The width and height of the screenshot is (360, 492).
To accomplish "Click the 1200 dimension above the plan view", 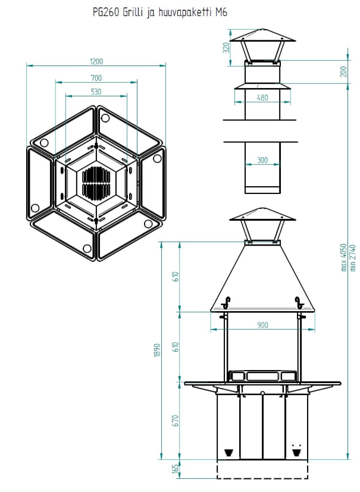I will (96, 61).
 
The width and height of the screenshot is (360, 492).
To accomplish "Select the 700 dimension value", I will (96, 78).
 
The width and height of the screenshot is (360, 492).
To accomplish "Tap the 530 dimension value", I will (96, 92).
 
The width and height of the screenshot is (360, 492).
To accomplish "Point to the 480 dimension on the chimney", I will (262, 98).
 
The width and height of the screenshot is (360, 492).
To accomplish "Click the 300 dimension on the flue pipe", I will (262, 161).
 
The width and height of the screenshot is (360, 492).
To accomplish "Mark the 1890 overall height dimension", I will (155, 350).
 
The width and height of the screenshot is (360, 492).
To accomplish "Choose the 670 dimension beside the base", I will (174, 421).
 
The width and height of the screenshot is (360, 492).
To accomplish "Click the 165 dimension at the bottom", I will (174, 469).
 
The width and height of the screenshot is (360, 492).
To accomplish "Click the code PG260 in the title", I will (106, 13).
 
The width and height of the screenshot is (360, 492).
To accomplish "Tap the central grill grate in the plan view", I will (96, 183).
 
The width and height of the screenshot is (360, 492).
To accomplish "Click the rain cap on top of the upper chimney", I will (262, 40).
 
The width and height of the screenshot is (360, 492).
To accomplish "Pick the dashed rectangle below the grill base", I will (262, 469).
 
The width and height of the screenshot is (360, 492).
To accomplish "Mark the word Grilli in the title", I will (136, 13).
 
